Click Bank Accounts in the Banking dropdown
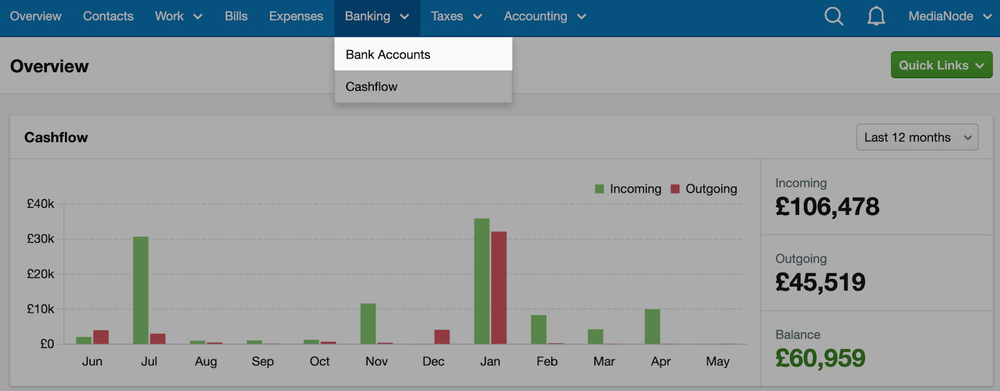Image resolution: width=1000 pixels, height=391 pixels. pyautogui.click(x=388, y=54)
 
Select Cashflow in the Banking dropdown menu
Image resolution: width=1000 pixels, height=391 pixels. pyautogui.click(x=372, y=87)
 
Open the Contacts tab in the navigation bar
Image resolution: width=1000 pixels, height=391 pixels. pyautogui.click(x=108, y=16)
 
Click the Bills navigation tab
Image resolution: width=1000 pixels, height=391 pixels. pyautogui.click(x=236, y=16)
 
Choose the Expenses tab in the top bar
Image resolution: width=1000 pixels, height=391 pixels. pyautogui.click(x=296, y=16)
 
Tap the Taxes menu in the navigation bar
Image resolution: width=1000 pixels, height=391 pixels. pyautogui.click(x=456, y=16)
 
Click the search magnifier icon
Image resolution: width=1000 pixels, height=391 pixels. pyautogui.click(x=834, y=16)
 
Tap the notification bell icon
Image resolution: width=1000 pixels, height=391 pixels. pyautogui.click(x=876, y=16)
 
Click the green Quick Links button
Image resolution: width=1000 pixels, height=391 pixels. pyautogui.click(x=941, y=65)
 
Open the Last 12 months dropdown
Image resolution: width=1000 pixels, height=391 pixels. pyautogui.click(x=917, y=138)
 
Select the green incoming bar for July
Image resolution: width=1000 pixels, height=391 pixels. pyautogui.click(x=141, y=290)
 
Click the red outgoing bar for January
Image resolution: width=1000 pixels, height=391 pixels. pyautogui.click(x=499, y=288)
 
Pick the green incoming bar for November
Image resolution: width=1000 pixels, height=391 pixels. pyautogui.click(x=368, y=323)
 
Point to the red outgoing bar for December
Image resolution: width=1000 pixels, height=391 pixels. pyautogui.click(x=442, y=337)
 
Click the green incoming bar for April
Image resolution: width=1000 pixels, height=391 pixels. pyautogui.click(x=652, y=327)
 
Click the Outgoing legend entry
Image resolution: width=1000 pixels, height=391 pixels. pyautogui.click(x=704, y=189)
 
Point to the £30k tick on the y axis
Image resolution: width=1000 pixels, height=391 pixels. pyautogui.click(x=41, y=239)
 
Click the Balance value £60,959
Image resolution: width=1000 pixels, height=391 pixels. pyautogui.click(x=820, y=358)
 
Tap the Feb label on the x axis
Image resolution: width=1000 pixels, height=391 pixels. pyautogui.click(x=547, y=362)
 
